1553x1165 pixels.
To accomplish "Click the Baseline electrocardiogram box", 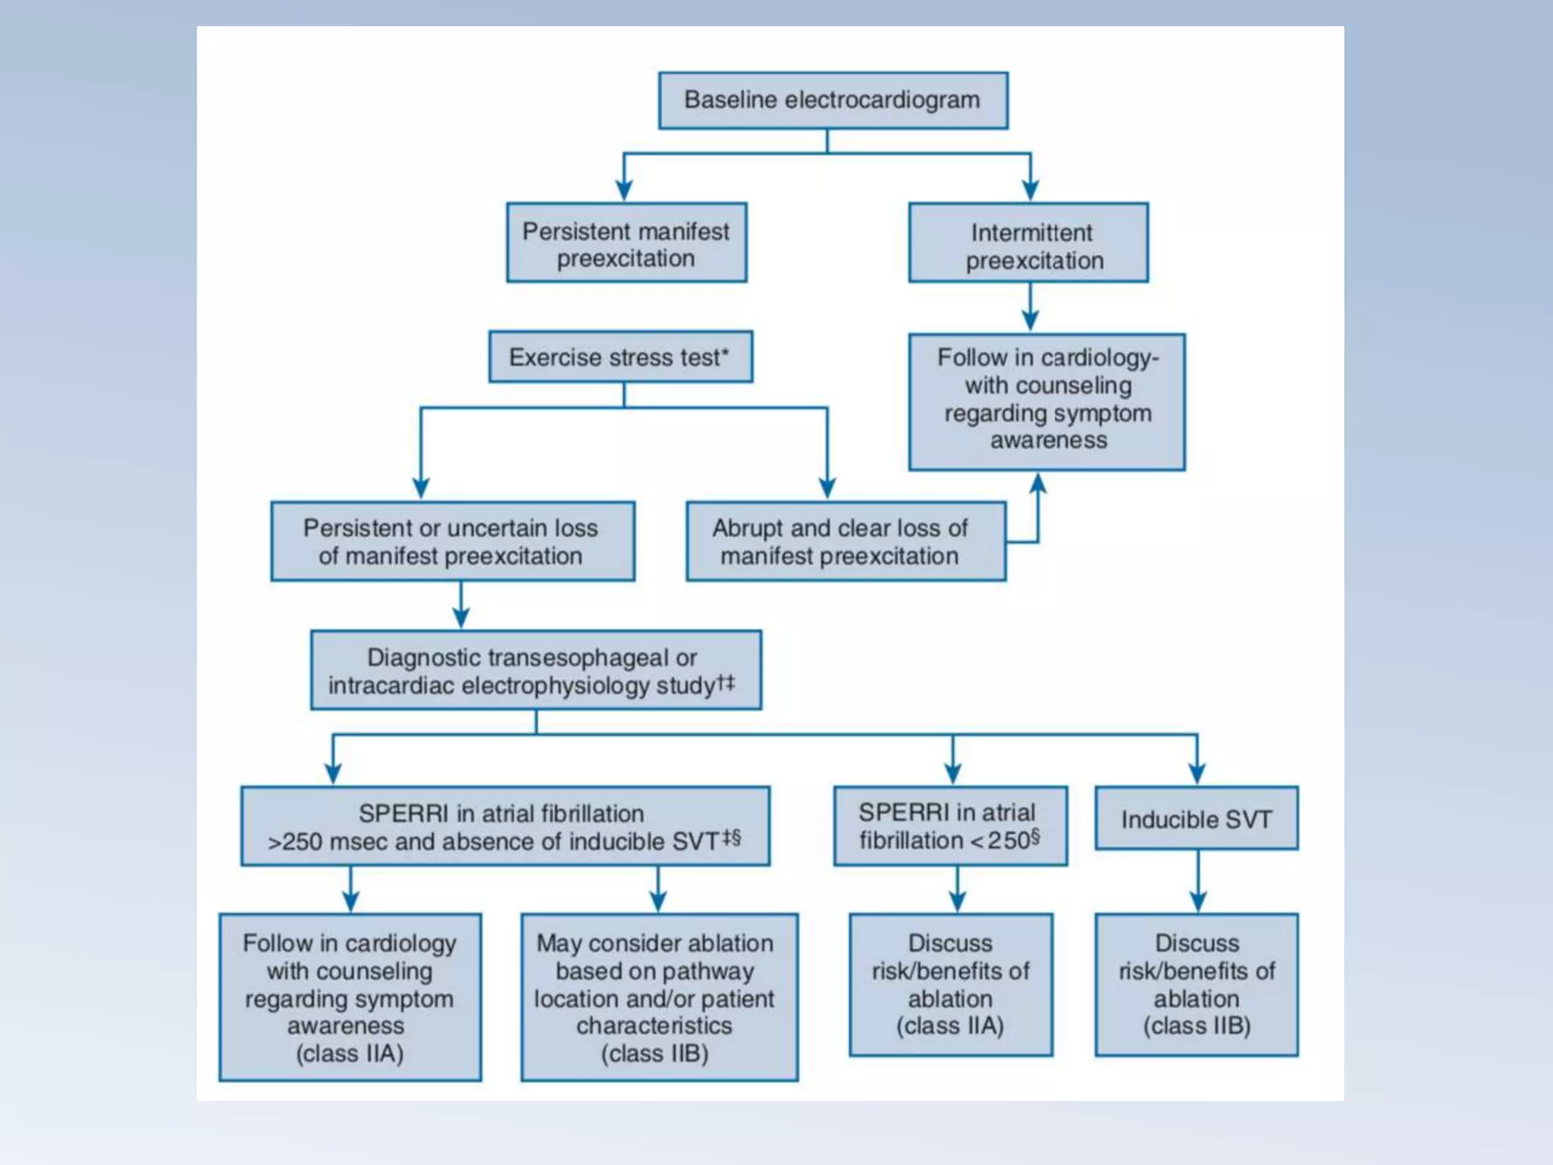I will click(x=833, y=101).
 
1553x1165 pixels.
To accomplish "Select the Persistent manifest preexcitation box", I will click(x=626, y=243).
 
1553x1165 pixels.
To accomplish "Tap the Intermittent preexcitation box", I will click(x=1028, y=243).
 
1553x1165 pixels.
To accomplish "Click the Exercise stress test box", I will click(x=620, y=357).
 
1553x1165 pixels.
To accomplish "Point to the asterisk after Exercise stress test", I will click(x=726, y=353).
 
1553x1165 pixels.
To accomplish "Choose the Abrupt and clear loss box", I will click(x=846, y=542).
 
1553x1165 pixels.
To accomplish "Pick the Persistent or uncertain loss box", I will click(x=452, y=542).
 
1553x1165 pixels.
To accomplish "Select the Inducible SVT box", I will click(x=1196, y=819).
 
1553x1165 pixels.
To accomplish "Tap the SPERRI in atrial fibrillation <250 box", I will click(x=949, y=826).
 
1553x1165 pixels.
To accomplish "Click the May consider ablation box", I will click(x=658, y=997).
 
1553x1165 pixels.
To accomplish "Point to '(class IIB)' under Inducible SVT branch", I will click(x=1197, y=1026).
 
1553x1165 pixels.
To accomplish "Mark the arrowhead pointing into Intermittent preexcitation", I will click(x=1030, y=190).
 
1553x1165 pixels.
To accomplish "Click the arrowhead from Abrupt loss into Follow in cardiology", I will click(x=1038, y=483).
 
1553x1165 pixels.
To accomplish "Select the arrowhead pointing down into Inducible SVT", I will click(x=1197, y=774).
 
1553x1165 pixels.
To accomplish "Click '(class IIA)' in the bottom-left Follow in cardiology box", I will click(x=350, y=1054).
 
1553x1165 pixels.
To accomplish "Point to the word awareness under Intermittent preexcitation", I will click(x=1048, y=441).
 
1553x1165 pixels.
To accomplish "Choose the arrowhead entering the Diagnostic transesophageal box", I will click(x=461, y=618).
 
